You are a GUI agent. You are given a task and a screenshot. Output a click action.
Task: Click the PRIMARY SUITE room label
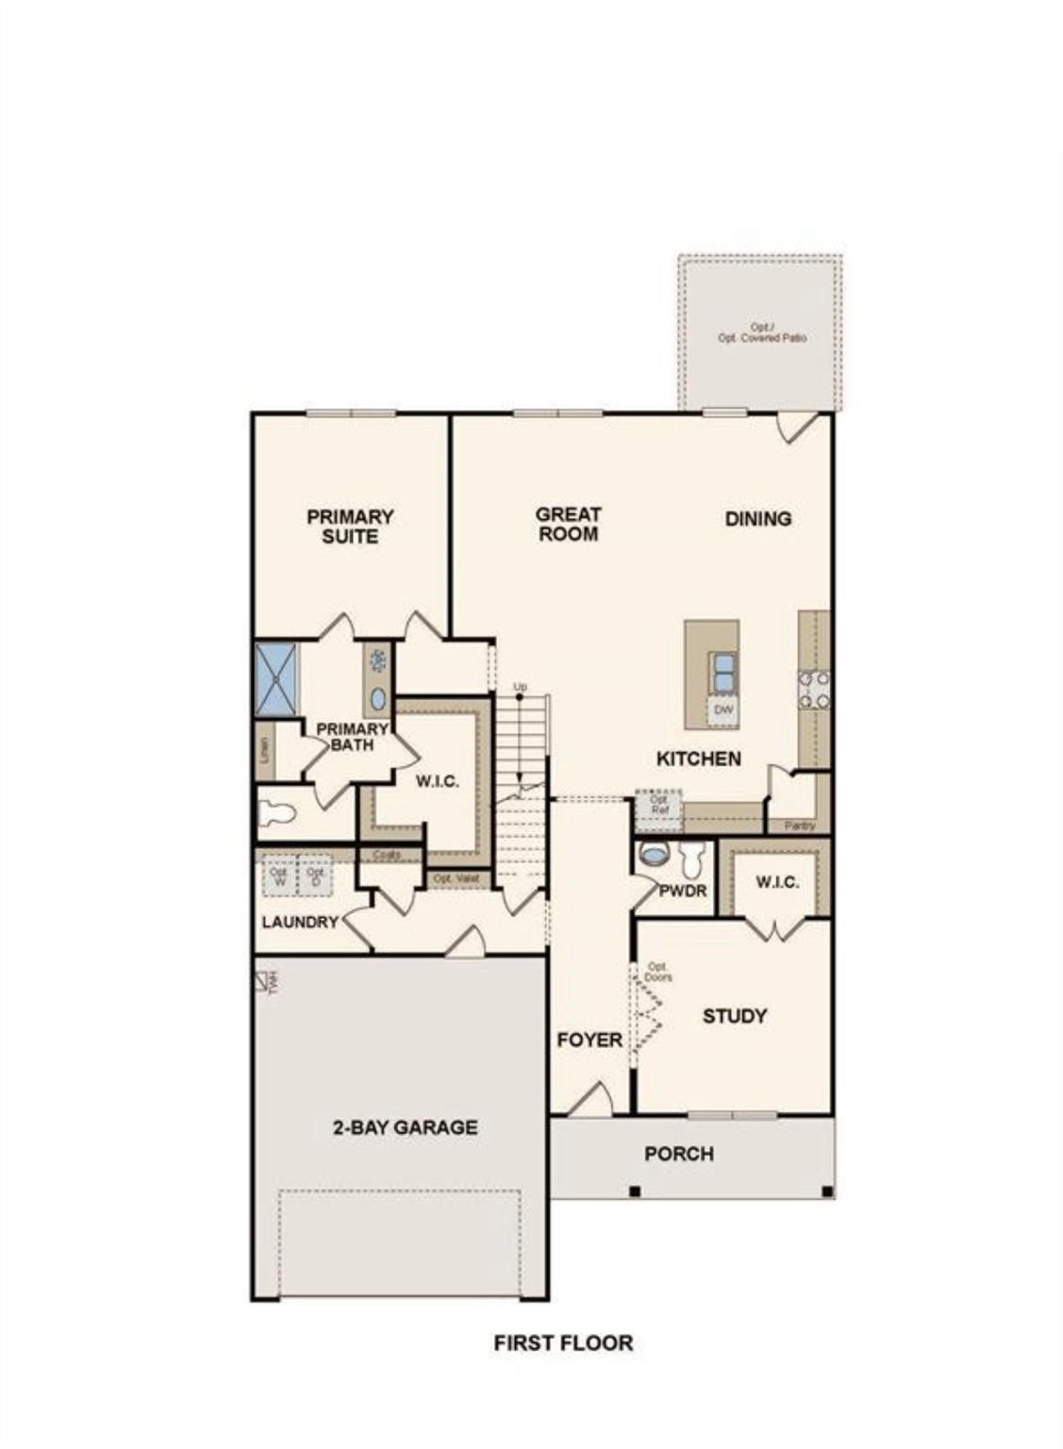click(x=350, y=526)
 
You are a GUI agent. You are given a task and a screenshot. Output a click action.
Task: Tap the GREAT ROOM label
click(x=568, y=524)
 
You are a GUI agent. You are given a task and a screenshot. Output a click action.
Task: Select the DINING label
click(x=757, y=518)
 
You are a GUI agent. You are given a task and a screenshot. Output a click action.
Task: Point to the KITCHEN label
click(x=698, y=758)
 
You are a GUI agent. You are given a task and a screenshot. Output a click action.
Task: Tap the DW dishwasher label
click(x=723, y=710)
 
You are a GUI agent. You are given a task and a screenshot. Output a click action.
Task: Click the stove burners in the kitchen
click(x=814, y=689)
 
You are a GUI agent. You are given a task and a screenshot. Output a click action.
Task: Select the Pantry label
click(x=798, y=825)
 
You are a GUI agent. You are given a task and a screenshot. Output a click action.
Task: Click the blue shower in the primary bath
click(x=276, y=677)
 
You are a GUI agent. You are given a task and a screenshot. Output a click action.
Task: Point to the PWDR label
click(x=683, y=891)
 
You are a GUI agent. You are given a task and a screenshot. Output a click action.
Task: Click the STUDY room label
click(x=734, y=1016)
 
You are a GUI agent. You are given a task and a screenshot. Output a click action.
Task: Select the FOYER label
click(x=590, y=1040)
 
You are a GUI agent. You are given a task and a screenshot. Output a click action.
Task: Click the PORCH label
click(x=678, y=1154)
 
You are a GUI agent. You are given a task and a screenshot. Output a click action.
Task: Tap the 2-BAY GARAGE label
click(x=405, y=1126)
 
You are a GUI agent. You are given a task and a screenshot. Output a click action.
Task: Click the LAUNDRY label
click(x=300, y=922)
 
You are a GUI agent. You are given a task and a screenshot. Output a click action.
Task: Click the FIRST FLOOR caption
click(x=563, y=1342)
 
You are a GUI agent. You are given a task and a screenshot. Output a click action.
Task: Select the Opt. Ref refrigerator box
click(x=658, y=805)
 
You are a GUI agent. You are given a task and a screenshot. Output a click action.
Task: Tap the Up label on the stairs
click(x=519, y=687)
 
